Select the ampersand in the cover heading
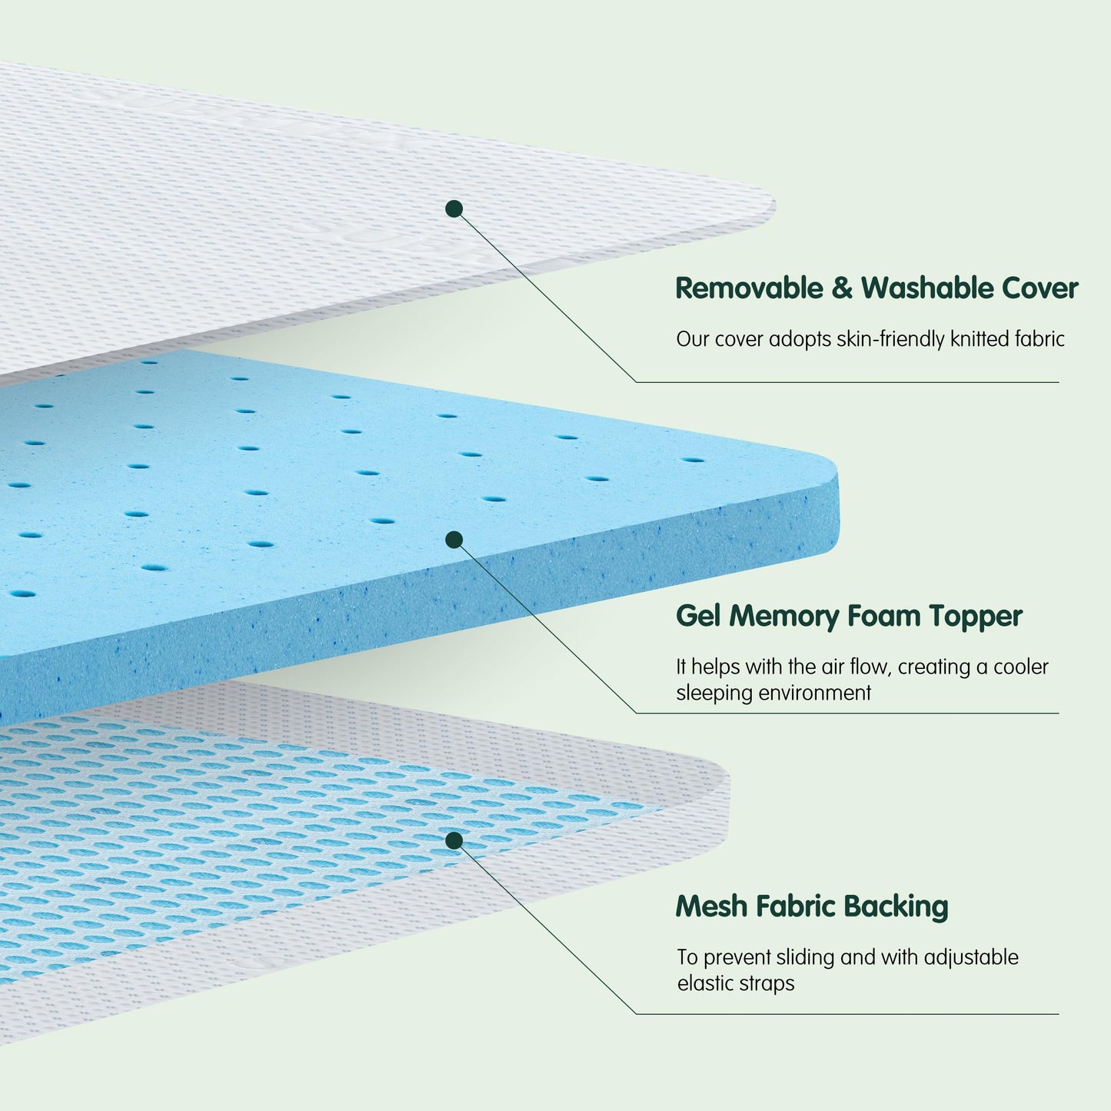point(841,289)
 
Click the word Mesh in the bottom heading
point(711,906)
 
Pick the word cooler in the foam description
point(1020,667)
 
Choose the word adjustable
point(971,958)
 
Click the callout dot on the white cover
point(454,208)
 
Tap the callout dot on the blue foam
point(454,540)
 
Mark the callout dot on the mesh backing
point(454,840)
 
